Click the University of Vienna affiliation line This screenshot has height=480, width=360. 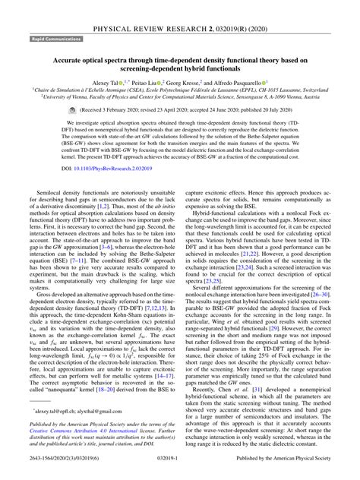(180, 96)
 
